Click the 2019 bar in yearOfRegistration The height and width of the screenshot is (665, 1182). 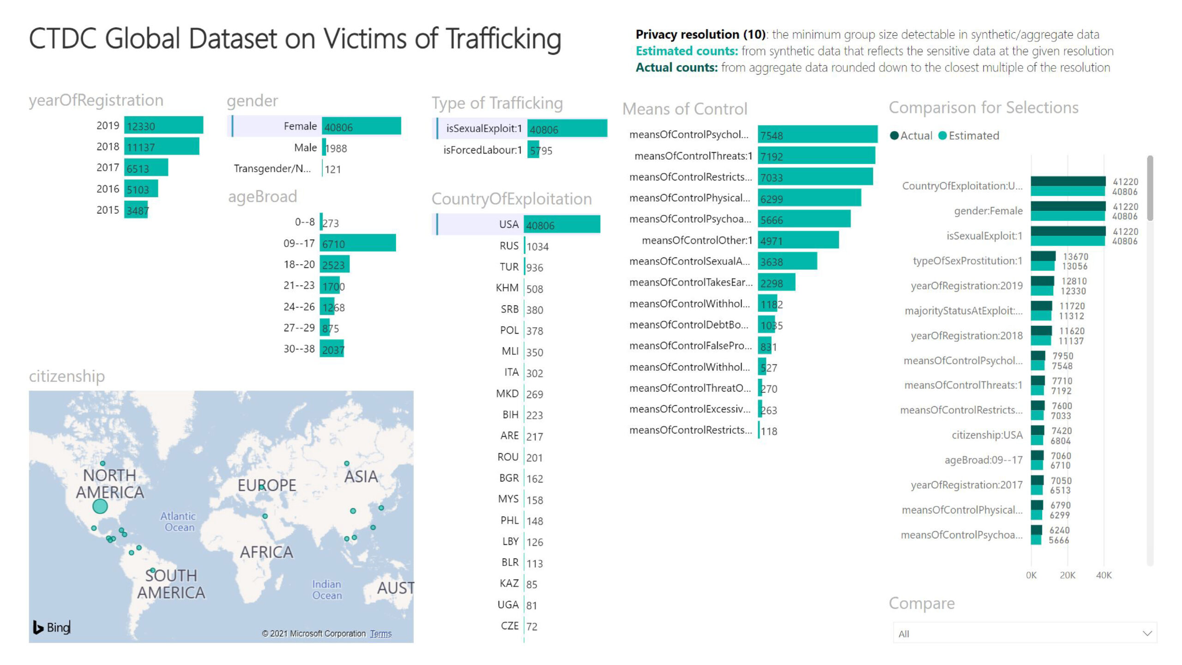pos(163,126)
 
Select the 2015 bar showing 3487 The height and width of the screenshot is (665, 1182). pos(136,210)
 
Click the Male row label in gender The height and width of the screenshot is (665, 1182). pos(305,148)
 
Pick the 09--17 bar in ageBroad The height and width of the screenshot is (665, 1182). pos(358,244)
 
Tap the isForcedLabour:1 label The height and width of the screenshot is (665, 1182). pos(482,150)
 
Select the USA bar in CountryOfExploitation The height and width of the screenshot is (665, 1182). pos(562,225)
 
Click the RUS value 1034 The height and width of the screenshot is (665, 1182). pos(537,246)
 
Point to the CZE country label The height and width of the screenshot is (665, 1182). pos(510,626)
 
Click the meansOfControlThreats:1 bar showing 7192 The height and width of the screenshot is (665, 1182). pos(816,156)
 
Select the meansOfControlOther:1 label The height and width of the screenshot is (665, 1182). pos(697,240)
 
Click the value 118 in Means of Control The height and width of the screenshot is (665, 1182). pos(769,431)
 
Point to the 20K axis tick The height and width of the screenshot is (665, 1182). pos(1067,575)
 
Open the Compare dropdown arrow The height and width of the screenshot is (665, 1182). pos(1147,633)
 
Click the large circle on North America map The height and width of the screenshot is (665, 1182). pos(100,506)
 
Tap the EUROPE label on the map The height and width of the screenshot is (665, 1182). pos(267,485)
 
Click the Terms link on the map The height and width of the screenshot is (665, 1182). pos(380,634)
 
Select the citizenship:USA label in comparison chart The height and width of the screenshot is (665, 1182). pos(987,435)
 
